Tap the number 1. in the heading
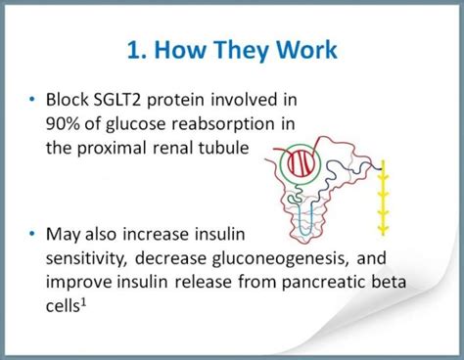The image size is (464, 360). [x=135, y=50]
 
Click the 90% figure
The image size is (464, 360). [x=63, y=124]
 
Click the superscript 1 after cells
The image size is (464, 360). [x=83, y=303]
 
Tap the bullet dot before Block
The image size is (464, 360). [x=32, y=99]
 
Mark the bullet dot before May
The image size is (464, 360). [x=32, y=234]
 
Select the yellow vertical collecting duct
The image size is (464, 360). [x=384, y=198]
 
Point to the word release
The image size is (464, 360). [x=203, y=282]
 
